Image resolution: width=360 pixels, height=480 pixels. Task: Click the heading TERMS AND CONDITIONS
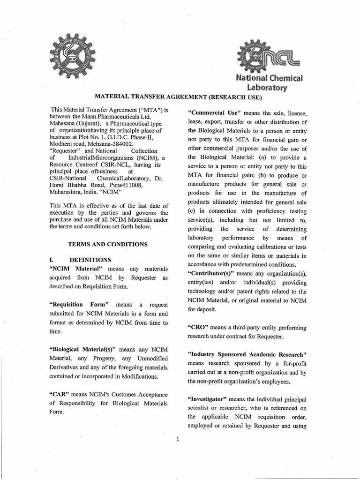108,244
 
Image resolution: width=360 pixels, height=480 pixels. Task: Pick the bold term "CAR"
59,394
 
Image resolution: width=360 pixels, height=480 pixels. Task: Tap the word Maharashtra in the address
68,192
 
